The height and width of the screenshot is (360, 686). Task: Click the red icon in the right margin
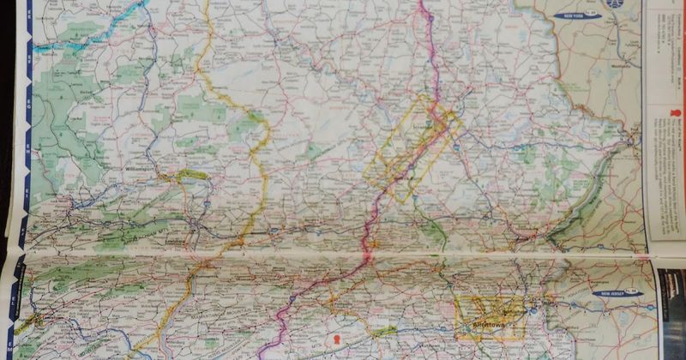(x=668, y=112)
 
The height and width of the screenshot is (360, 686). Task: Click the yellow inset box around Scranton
(x=412, y=147)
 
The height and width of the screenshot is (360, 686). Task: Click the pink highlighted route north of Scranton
(x=430, y=51)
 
